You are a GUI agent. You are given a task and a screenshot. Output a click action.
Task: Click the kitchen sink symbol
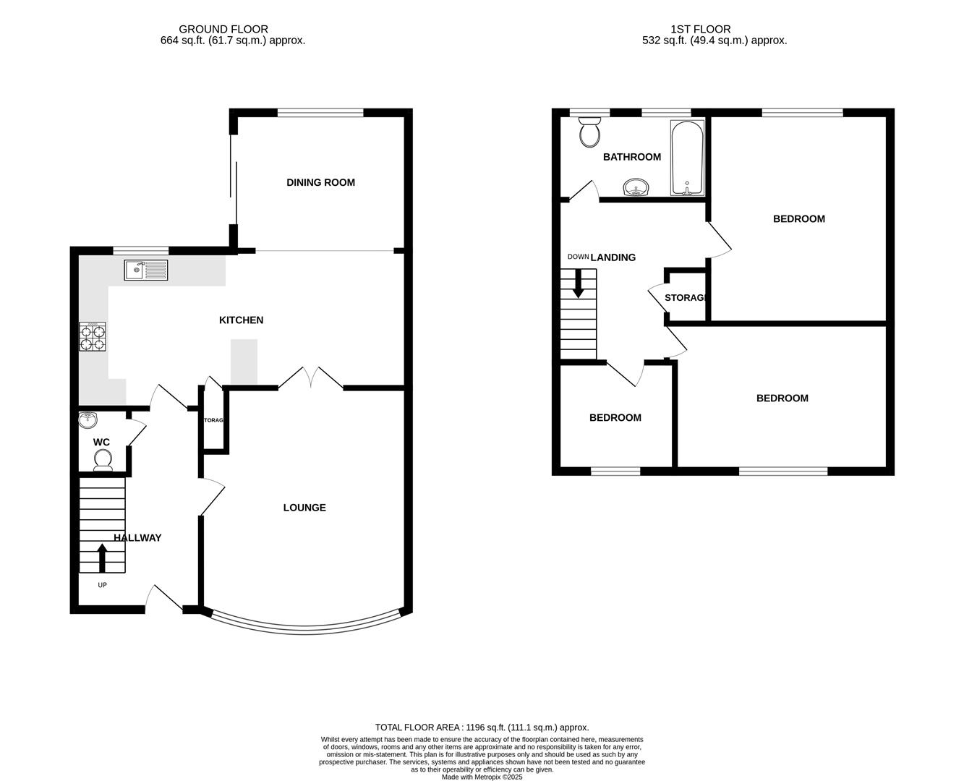pos(145,270)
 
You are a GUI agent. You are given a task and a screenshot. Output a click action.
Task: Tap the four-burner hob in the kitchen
pos(93,337)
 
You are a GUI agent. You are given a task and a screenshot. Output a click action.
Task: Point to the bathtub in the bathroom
pos(687,158)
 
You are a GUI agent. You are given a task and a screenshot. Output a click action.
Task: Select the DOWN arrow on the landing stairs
pos(578,283)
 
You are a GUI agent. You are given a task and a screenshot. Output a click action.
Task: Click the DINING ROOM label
pos(320,182)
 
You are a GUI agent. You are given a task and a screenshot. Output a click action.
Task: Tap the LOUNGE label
pos(304,508)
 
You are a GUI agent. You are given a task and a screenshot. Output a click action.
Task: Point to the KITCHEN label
pos(241,320)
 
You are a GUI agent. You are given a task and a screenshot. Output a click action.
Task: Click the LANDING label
pos(613,257)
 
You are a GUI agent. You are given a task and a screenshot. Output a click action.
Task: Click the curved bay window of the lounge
pos(304,627)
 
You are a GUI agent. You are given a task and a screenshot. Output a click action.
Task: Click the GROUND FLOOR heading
pos(223,29)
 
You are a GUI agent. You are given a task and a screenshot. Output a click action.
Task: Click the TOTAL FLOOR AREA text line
pos(482,727)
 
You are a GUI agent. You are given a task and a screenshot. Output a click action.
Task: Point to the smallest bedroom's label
pos(615,417)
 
